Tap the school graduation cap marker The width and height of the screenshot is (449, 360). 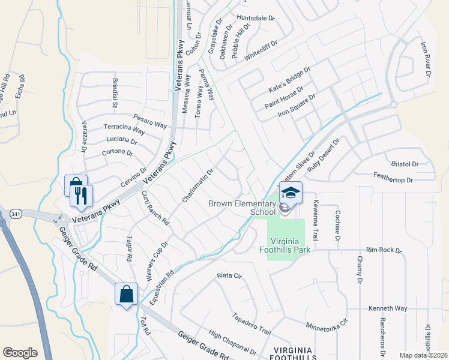coord(291,193)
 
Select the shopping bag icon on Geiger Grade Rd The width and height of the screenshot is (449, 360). coord(127,294)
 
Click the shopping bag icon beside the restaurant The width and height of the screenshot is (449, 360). coord(75,185)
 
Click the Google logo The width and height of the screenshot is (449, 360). coord(20,353)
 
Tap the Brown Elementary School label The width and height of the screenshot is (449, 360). coord(242,207)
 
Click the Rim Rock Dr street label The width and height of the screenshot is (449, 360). coord(383,250)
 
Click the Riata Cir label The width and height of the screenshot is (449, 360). coord(229,277)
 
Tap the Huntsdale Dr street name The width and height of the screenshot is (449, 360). coord(255,19)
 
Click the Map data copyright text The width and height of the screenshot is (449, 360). coord(424,355)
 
